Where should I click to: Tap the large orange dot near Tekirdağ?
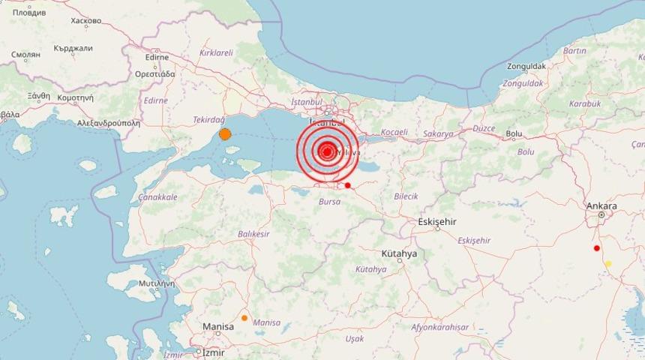(224, 134)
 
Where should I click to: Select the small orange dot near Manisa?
(244, 318)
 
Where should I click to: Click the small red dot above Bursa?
(347, 185)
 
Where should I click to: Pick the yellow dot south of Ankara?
(608, 263)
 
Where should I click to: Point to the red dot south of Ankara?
(597, 248)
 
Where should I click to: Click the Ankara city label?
(601, 206)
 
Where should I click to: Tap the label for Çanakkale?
(157, 197)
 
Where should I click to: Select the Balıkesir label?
(253, 234)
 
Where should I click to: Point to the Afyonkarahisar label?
(439, 327)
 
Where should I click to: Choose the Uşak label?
(354, 339)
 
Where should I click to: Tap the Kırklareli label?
(216, 53)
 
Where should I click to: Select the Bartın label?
(574, 51)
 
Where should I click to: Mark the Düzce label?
(484, 128)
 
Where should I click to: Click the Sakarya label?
(439, 134)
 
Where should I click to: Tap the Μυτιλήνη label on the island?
(156, 283)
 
